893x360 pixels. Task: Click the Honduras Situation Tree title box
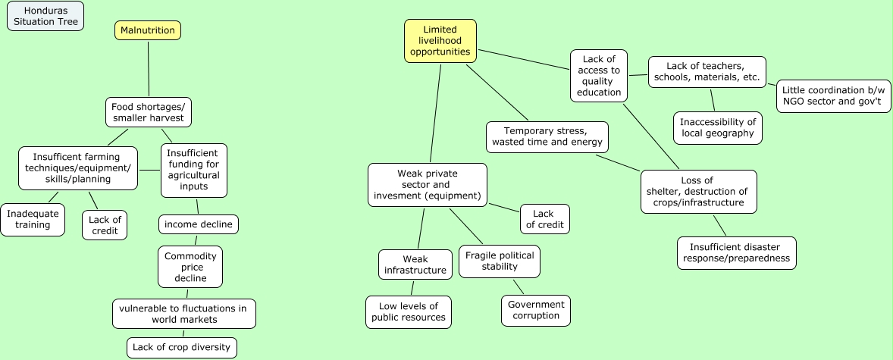45,16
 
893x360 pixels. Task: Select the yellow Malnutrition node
148,30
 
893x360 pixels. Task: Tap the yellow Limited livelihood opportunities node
440,41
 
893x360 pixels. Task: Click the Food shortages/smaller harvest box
148,112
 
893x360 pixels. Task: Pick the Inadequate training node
33,220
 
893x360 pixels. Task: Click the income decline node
199,224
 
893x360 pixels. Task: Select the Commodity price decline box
190,267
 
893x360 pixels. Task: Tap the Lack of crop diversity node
182,347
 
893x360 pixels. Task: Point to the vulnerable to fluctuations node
184,314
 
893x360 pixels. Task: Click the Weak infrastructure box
415,265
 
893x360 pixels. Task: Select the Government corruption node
536,310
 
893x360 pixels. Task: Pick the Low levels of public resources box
409,311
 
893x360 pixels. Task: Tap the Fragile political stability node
500,261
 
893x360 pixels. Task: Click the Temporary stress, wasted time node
547,136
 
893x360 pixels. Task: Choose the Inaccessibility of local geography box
717,127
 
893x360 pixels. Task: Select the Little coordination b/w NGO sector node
833,95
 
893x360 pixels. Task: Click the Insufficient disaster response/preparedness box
736,252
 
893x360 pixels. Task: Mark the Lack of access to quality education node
599,76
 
